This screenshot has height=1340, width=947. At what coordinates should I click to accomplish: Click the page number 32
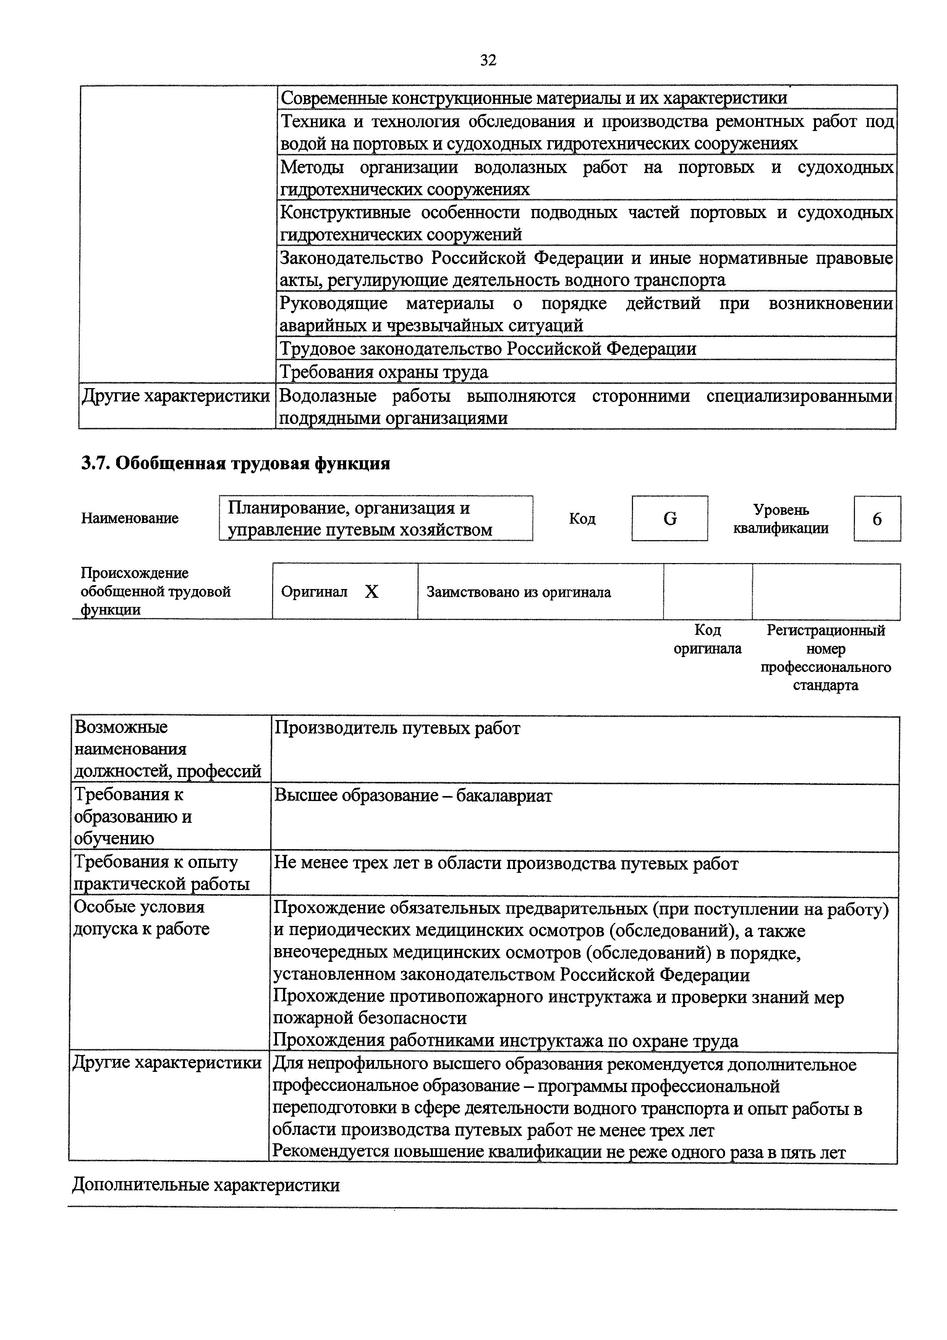488,60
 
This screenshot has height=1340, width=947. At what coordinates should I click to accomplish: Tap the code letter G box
669,518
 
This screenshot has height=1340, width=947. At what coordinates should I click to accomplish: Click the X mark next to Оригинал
372,592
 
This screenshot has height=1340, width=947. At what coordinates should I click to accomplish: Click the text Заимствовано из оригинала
519,592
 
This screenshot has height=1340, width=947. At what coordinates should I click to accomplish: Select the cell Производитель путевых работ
397,728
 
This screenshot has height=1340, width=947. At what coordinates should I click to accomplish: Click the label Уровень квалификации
781,519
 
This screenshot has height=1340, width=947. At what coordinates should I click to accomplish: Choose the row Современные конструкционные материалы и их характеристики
533,97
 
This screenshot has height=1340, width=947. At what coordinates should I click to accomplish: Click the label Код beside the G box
582,519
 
